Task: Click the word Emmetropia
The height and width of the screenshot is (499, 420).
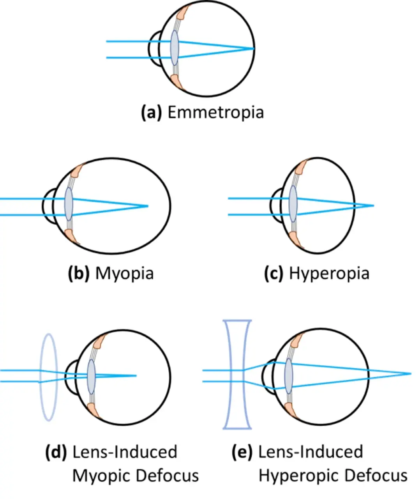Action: (x=215, y=112)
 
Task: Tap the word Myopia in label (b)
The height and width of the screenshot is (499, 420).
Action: (x=124, y=273)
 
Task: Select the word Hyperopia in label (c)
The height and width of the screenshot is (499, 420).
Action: (x=329, y=273)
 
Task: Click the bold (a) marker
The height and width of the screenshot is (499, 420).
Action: (x=151, y=112)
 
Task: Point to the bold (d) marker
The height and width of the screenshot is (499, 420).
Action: (x=56, y=452)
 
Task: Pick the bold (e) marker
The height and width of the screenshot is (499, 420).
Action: (x=242, y=452)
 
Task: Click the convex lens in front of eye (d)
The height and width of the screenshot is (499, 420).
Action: (x=49, y=377)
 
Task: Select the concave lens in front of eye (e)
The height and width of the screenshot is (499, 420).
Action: (x=237, y=374)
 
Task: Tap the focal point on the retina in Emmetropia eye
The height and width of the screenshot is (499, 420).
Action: (x=254, y=49)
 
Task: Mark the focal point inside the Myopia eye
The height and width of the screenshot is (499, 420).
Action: (x=148, y=205)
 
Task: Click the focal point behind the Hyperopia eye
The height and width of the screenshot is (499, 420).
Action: (x=373, y=205)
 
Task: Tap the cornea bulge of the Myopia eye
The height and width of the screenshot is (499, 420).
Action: (x=49, y=207)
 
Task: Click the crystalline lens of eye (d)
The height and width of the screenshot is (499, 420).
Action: (x=91, y=376)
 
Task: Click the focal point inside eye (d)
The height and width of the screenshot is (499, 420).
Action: (x=136, y=376)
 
